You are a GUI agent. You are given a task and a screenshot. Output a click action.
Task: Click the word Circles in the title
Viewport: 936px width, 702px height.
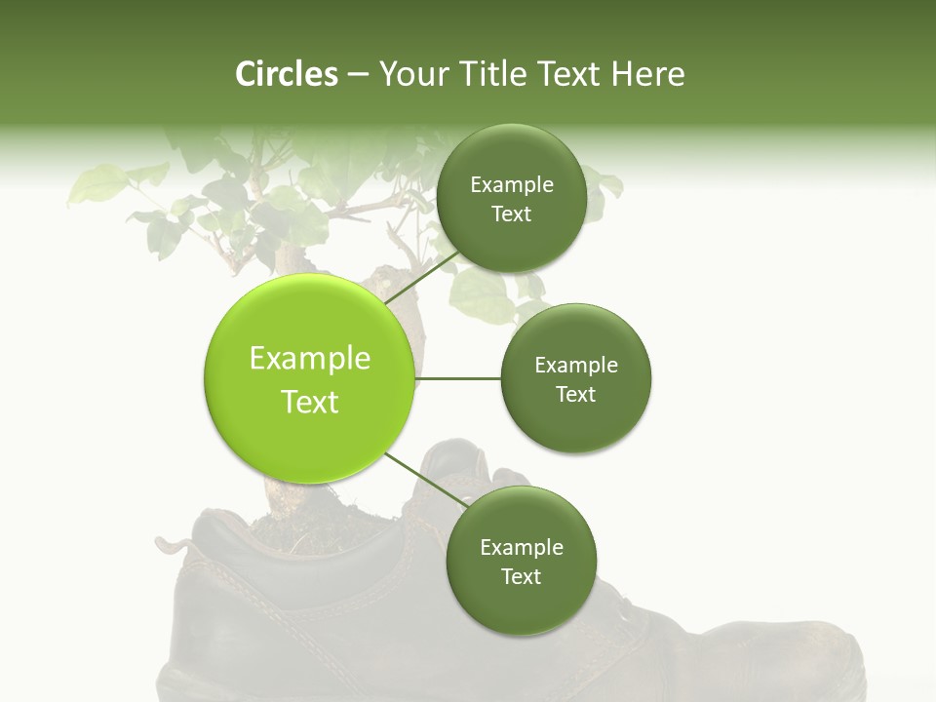click(286, 74)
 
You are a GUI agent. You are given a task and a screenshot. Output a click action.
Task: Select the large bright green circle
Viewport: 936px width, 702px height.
click(309, 378)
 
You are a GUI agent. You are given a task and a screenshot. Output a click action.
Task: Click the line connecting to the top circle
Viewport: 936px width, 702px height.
click(422, 275)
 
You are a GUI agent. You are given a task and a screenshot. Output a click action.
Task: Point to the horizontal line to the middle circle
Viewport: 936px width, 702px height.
click(457, 378)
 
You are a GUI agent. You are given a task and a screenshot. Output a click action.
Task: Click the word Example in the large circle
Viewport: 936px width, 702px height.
click(309, 359)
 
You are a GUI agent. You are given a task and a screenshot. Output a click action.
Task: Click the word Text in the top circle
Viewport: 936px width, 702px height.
click(511, 214)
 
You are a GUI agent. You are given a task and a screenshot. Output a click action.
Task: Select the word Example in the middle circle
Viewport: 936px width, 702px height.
click(575, 366)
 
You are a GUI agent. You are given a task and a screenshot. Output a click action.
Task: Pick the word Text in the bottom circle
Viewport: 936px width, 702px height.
click(521, 576)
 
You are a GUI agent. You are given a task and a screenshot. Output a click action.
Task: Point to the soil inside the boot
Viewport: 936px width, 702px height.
click(292, 522)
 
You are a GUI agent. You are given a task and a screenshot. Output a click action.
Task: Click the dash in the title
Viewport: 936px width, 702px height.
click(357, 74)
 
